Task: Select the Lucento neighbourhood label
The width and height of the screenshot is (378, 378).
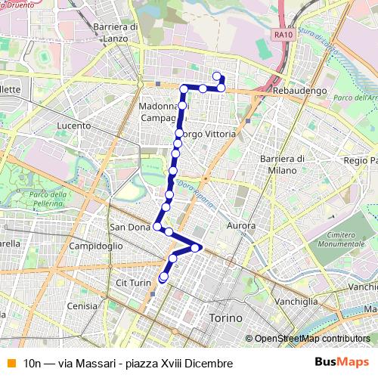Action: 73,125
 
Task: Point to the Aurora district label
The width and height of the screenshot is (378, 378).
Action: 241,226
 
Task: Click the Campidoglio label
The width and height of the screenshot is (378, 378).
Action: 96,246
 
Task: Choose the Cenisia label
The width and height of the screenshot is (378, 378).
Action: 82,306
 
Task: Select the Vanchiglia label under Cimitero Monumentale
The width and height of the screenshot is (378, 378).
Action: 296,301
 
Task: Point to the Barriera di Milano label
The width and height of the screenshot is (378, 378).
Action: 281,163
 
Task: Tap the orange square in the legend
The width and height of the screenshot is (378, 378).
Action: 11,363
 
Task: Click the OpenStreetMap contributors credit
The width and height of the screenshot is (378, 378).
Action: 312,339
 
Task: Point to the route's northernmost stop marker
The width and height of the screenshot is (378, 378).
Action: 217,74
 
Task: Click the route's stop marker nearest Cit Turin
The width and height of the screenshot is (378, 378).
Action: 163,278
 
